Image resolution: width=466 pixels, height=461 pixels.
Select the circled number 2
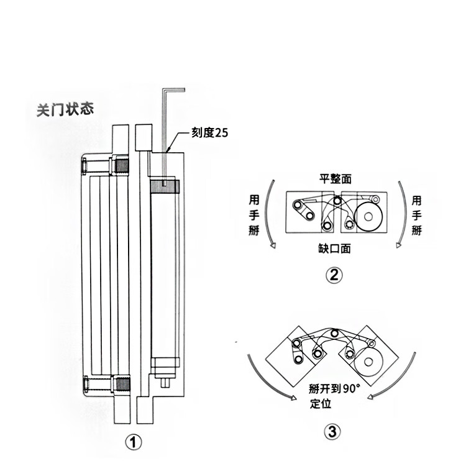334,274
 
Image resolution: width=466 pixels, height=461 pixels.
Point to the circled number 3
334,432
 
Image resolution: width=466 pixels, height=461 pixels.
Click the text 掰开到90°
334,390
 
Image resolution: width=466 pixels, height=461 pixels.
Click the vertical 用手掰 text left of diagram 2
254,215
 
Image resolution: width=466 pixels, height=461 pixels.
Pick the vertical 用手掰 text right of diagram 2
416,215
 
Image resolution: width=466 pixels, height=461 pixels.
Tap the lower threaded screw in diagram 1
121,385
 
